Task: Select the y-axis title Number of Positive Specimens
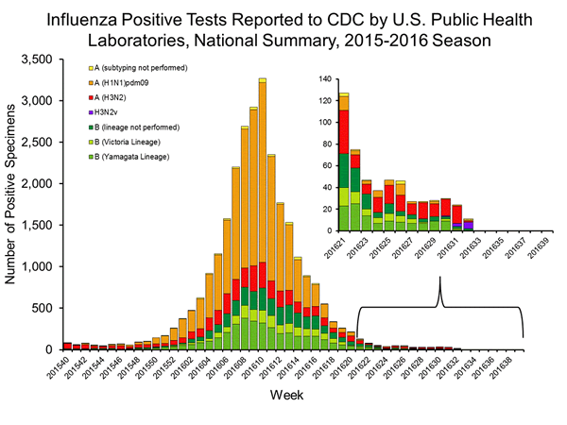[x=16, y=204]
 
